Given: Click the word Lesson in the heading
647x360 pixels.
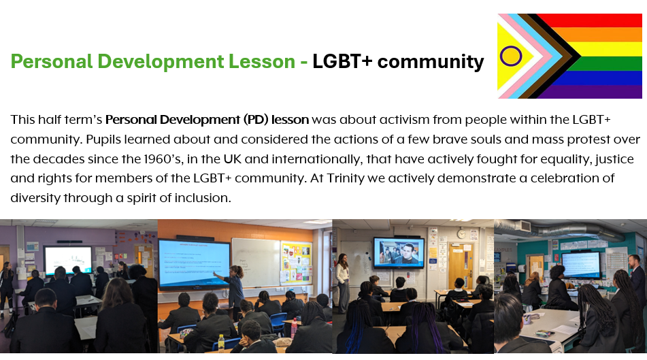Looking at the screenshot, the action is [262, 61].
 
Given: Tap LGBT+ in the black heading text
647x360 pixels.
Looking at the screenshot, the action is [342, 61].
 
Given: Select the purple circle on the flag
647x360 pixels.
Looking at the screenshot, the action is [511, 56].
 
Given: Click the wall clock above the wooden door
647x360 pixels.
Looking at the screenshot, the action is [461, 234].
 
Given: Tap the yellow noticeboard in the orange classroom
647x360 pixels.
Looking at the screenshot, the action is [295, 263].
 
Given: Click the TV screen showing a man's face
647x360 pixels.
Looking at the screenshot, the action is [399, 252].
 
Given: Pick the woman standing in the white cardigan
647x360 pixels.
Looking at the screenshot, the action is [343, 283].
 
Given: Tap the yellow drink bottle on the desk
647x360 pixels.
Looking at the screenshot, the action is [221, 343].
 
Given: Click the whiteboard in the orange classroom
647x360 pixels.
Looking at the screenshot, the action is [256, 263].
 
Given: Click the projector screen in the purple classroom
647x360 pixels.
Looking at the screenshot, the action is [68, 260].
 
